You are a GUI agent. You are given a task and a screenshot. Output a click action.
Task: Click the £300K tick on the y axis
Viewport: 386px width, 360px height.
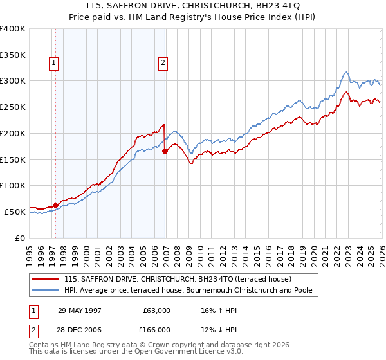[x=14, y=81]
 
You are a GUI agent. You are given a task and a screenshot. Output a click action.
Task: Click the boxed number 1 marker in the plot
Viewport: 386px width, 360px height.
[x=52, y=63]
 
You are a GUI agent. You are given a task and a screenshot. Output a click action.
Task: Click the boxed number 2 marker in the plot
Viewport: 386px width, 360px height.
[x=163, y=63]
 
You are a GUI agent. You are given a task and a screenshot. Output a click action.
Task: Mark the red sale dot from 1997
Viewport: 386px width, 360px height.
[x=55, y=204]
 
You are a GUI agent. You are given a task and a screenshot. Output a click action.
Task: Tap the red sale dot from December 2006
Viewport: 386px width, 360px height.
[x=165, y=151]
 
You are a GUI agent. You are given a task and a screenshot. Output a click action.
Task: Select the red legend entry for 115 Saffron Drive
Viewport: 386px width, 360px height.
[x=178, y=279]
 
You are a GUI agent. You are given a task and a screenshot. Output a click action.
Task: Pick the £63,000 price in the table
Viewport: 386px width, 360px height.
[x=156, y=310]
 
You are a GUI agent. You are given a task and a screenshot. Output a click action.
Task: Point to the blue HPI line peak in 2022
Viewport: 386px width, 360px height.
[x=346, y=71]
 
